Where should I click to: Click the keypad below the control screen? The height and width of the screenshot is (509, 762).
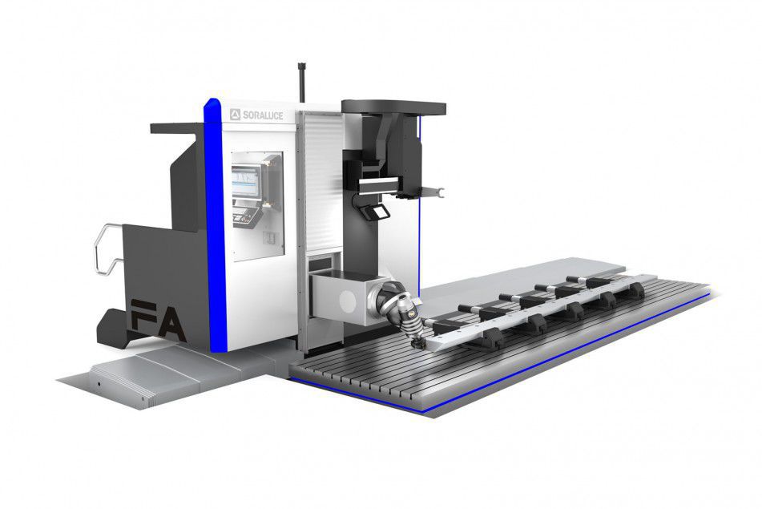click(x=244, y=216)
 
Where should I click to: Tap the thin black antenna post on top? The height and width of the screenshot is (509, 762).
click(x=302, y=80)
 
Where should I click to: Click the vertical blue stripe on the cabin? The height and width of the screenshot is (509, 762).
click(x=214, y=224)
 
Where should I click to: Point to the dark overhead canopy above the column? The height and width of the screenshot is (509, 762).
click(x=393, y=107)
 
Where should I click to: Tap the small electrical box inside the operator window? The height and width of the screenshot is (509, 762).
click(x=271, y=237)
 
